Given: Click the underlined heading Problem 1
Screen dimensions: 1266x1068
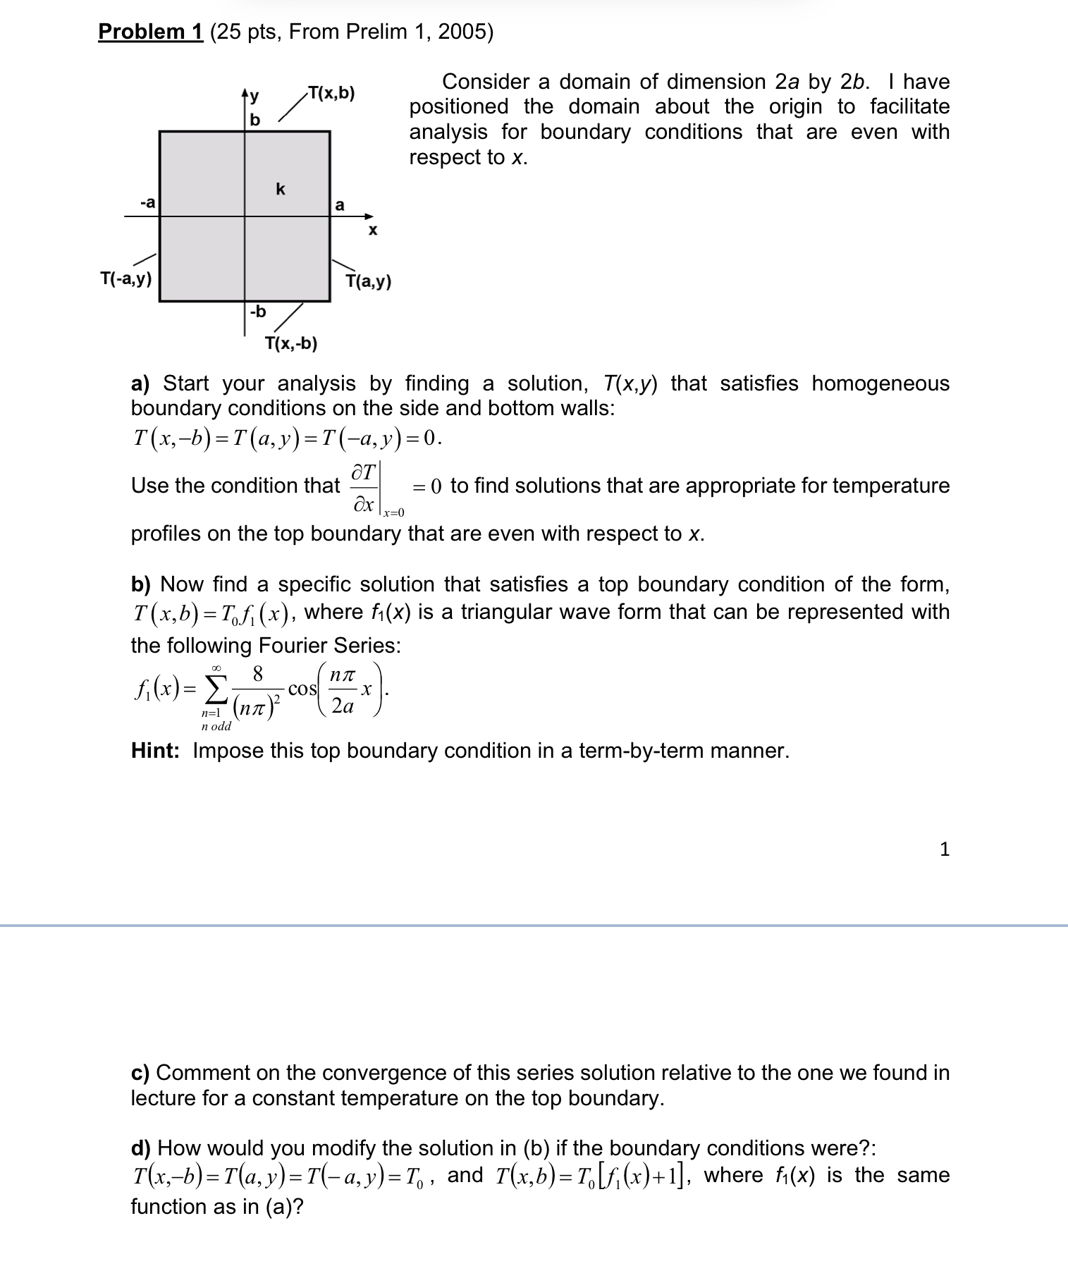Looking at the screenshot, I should pyautogui.click(x=150, y=32).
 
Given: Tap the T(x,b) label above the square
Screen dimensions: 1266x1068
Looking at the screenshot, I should pyautogui.click(x=331, y=93).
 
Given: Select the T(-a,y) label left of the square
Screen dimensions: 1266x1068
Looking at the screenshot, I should pyautogui.click(x=125, y=278).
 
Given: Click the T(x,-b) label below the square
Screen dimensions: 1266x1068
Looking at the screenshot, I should pyautogui.click(x=290, y=343).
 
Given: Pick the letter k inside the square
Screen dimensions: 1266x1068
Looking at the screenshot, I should pyautogui.click(x=281, y=189).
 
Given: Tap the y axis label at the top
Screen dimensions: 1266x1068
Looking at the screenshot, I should pyautogui.click(x=254, y=94).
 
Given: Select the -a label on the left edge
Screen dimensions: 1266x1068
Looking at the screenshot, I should pyautogui.click(x=147, y=203).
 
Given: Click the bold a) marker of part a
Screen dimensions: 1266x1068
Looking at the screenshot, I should pyautogui.click(x=140, y=383).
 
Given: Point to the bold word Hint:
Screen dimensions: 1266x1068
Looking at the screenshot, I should pyautogui.click(x=155, y=751).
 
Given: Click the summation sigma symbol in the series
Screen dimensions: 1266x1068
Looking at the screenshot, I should pyautogui.click(x=216, y=687).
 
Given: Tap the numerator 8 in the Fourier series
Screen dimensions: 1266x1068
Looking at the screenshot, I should pyautogui.click(x=257, y=674).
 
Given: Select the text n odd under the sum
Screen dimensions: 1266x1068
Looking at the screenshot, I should pyautogui.click(x=216, y=726).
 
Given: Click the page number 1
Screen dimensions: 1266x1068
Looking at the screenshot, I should pyautogui.click(x=945, y=849).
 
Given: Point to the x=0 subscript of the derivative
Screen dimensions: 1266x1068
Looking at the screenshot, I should pyautogui.click(x=393, y=512).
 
